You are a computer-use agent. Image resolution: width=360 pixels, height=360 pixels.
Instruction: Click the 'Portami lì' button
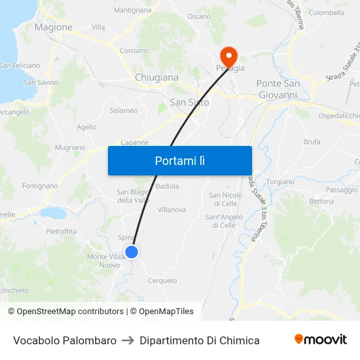click(x=180, y=160)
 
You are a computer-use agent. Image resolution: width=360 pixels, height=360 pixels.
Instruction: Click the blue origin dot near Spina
click(x=132, y=251)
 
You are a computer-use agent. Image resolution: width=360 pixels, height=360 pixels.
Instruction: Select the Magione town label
click(x=53, y=27)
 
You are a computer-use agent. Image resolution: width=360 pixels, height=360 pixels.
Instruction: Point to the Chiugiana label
click(x=156, y=77)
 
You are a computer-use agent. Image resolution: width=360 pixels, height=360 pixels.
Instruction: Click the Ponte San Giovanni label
click(x=278, y=89)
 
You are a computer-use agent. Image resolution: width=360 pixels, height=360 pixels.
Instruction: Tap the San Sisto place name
click(x=189, y=102)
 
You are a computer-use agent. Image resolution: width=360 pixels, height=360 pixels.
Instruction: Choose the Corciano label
click(x=134, y=50)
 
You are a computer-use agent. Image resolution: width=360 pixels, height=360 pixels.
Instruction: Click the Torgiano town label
click(x=280, y=181)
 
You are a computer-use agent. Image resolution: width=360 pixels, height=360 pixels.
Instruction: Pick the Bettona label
click(x=321, y=201)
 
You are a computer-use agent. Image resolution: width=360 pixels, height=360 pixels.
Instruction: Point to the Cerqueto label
click(x=162, y=281)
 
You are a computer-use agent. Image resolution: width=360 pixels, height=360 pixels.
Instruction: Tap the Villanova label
click(x=172, y=209)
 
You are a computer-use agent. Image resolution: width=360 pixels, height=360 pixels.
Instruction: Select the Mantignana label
click(x=132, y=10)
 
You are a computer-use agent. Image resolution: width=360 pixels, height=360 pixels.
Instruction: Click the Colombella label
click(x=326, y=12)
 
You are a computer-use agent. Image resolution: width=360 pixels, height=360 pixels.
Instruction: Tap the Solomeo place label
click(x=124, y=111)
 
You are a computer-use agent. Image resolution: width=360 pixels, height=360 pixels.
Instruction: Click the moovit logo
click(x=321, y=340)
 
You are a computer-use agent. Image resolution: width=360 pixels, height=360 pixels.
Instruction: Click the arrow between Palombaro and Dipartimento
click(x=128, y=340)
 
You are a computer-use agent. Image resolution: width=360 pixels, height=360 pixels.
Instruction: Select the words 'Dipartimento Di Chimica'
click(x=200, y=340)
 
